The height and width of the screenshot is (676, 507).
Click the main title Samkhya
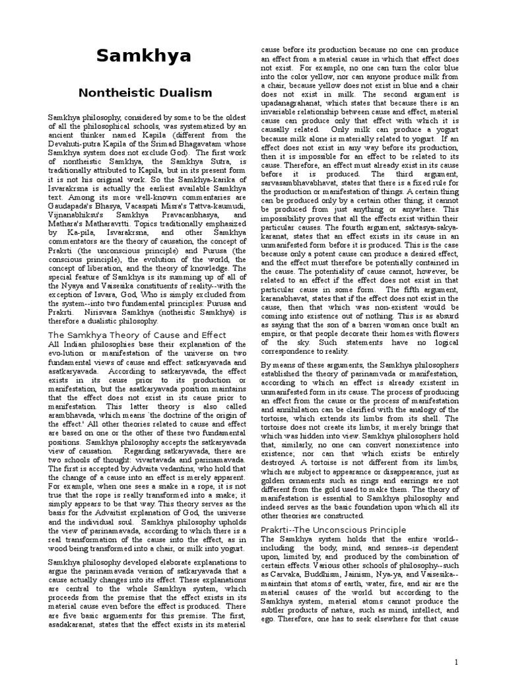click(x=144, y=56)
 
